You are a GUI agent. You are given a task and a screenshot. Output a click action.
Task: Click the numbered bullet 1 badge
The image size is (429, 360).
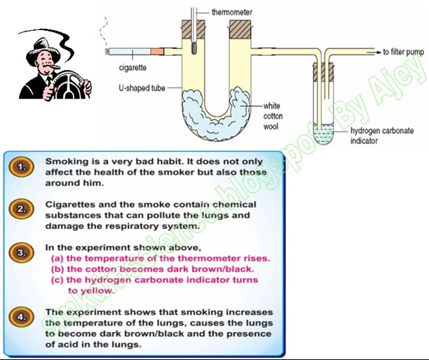22,167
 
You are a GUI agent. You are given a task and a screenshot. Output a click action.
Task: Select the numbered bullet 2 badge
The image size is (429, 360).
22,209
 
